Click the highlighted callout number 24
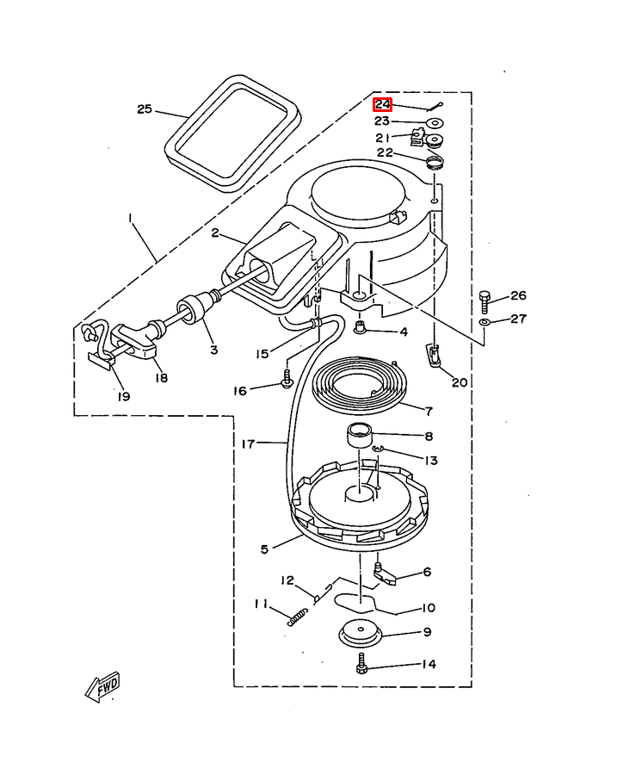382,105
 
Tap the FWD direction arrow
102,686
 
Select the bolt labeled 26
485,302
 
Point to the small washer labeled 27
485,323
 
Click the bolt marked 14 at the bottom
361,663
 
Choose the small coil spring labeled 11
298,617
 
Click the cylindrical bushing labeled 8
359,436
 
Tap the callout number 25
145,108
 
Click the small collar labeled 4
361,327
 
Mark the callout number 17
248,443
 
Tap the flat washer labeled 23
435,121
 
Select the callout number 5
265,549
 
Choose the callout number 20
460,382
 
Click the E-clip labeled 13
377,449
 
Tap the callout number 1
130,218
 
